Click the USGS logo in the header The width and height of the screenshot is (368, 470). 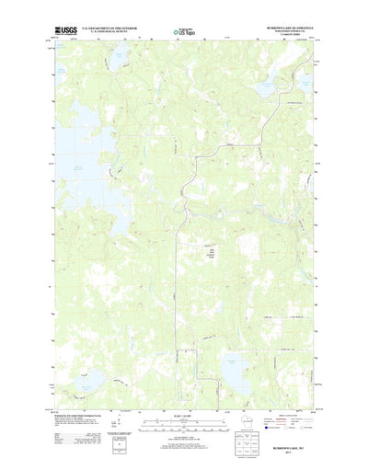(67, 30)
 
